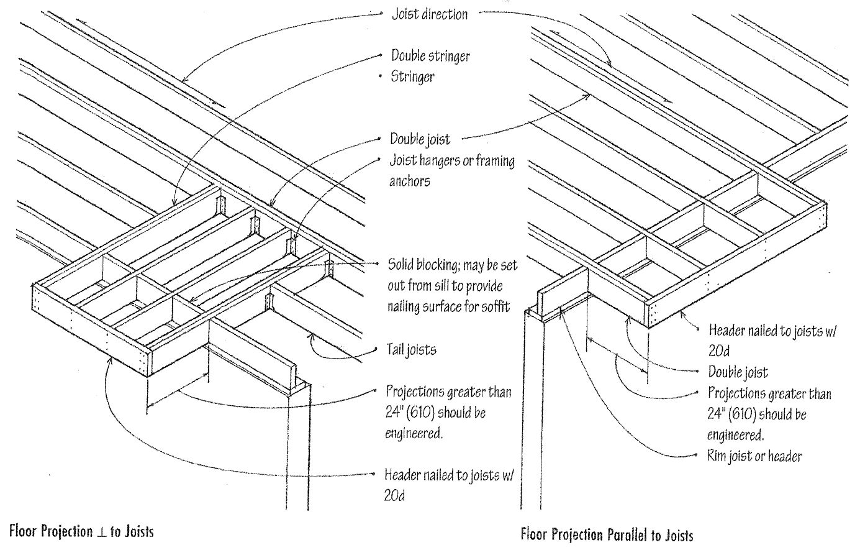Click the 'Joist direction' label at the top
click(x=429, y=14)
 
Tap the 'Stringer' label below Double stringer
click(x=412, y=77)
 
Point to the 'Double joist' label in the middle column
click(x=420, y=139)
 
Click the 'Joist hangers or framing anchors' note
click(x=451, y=171)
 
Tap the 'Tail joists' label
click(x=412, y=350)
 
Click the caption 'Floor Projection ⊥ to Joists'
click(x=81, y=532)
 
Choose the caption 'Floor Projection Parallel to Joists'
click(x=607, y=534)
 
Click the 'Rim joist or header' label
click(x=754, y=456)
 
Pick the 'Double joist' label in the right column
click(x=738, y=372)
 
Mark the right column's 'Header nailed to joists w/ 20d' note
click(x=772, y=339)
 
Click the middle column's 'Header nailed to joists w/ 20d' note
click(x=450, y=485)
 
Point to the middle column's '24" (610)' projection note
click(x=448, y=412)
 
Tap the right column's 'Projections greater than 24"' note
click(x=769, y=413)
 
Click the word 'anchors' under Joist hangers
click(x=410, y=181)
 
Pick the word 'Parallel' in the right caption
click(x=625, y=534)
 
